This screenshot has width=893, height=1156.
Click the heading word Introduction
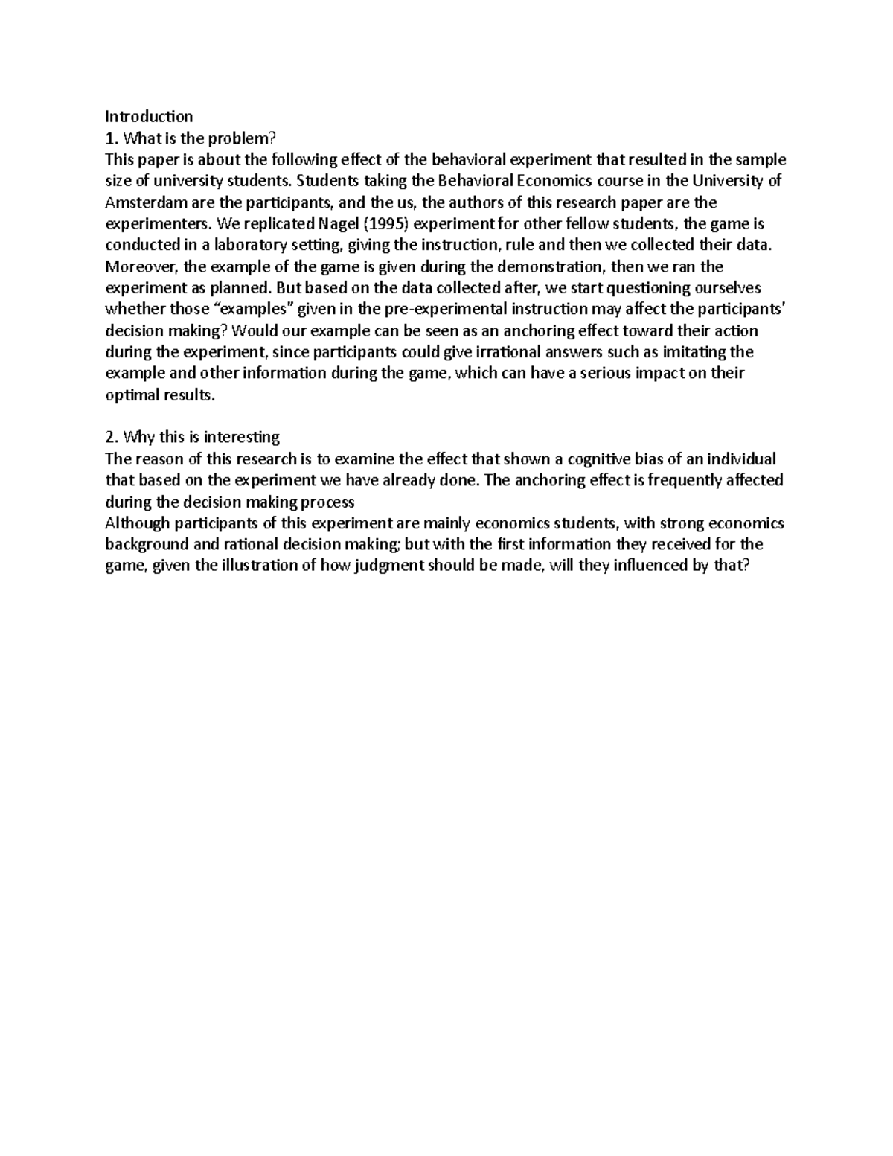click(149, 117)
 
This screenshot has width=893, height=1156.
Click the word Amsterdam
click(140, 202)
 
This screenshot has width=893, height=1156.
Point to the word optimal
click(130, 395)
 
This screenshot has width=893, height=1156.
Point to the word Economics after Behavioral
click(537, 181)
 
